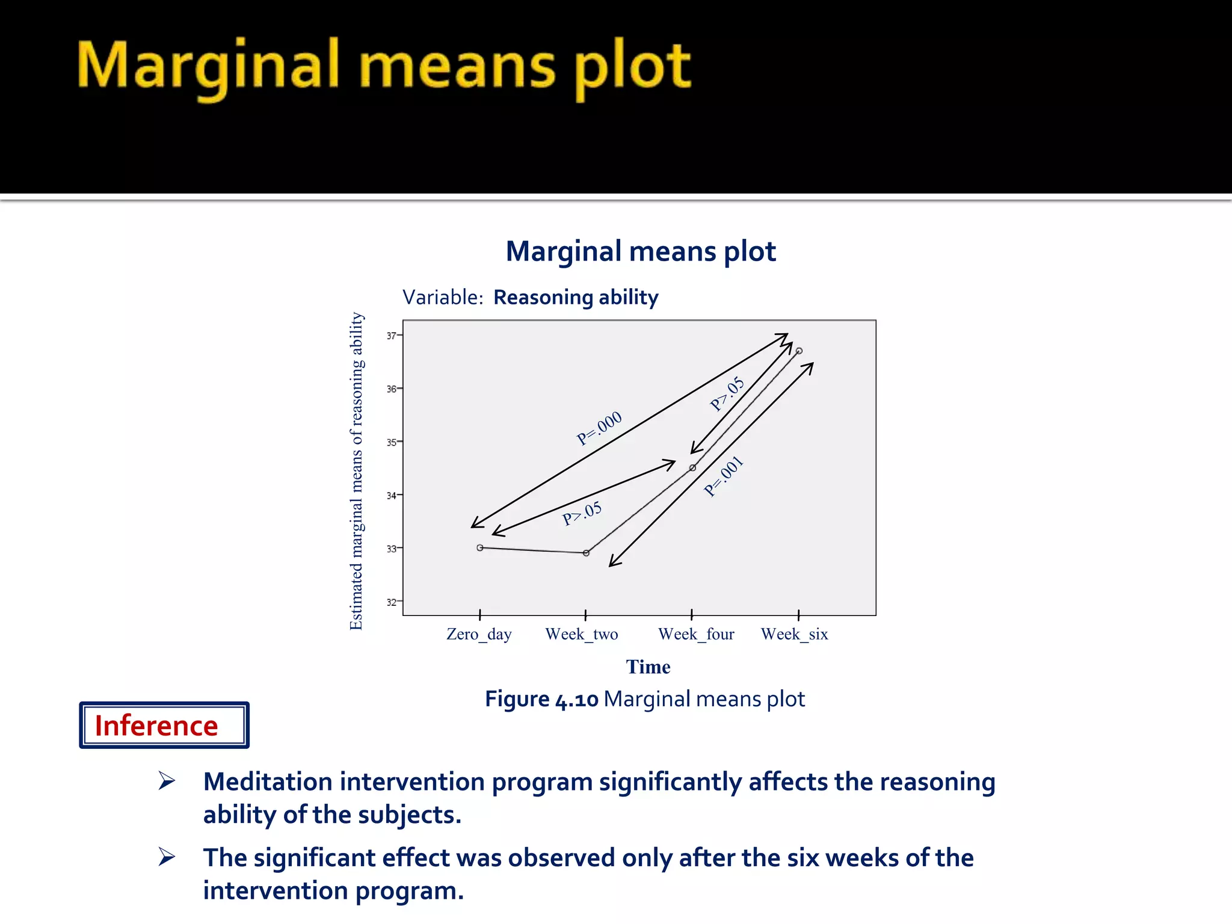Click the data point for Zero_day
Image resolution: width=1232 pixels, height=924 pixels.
(x=480, y=547)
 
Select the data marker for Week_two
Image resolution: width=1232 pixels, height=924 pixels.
(x=586, y=553)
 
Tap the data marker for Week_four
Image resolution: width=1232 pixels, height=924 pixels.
(x=692, y=467)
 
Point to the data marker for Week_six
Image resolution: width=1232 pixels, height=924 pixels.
(x=799, y=351)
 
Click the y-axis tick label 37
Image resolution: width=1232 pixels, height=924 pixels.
(x=391, y=336)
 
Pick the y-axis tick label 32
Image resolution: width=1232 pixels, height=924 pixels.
(x=391, y=602)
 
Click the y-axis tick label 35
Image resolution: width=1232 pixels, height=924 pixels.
(x=391, y=442)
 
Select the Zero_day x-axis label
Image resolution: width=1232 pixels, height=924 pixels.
(x=479, y=634)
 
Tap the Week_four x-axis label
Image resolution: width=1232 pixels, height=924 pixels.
(x=696, y=634)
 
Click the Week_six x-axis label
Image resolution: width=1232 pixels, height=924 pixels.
(x=794, y=634)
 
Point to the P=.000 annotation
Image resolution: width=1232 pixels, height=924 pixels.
(x=599, y=428)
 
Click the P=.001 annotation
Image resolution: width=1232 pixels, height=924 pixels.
(x=724, y=476)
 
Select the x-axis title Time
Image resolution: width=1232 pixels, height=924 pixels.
(x=648, y=667)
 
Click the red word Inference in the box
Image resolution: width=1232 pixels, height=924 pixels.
(x=156, y=725)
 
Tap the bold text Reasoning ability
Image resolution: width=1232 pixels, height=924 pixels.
(x=576, y=297)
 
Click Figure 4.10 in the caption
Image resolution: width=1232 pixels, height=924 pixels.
(x=541, y=699)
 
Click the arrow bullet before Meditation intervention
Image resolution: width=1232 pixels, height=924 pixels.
(x=167, y=781)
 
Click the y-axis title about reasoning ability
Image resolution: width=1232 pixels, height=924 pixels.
(x=356, y=471)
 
